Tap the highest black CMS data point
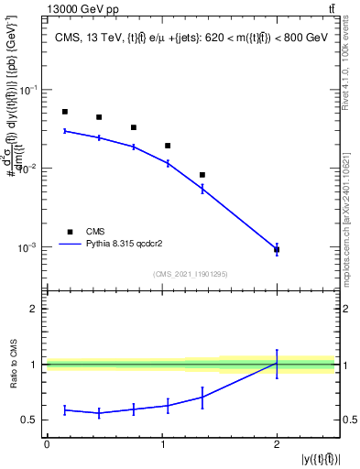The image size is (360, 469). point(65,112)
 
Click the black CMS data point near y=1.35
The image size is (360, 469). point(202,175)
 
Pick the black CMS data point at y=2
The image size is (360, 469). point(277,249)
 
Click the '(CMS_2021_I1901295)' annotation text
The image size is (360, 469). point(190,274)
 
